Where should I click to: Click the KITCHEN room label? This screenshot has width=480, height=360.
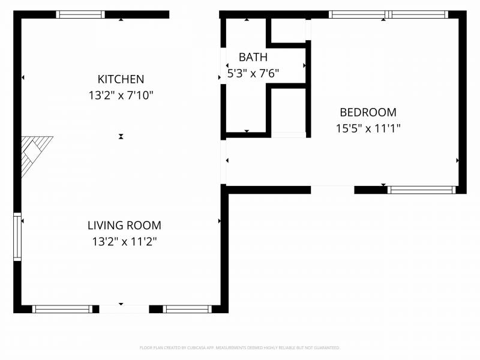121,79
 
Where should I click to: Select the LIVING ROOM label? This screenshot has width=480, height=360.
124,226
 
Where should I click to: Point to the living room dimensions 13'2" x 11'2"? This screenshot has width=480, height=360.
124,242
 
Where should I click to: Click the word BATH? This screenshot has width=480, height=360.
253,58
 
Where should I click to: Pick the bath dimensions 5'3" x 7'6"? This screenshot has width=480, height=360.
253,73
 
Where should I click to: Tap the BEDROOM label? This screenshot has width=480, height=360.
368,112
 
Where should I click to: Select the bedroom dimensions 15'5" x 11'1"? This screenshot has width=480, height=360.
368,128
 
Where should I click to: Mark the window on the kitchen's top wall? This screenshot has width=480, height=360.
80,14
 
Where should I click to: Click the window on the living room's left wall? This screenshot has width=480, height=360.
17,236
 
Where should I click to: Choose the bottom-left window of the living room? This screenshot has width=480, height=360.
62,309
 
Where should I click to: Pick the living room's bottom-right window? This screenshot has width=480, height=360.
187,309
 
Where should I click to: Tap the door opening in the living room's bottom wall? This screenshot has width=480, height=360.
124,309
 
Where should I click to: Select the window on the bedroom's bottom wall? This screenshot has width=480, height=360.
421,190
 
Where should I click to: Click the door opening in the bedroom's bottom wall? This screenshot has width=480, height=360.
332,190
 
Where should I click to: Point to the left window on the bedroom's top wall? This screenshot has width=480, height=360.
358,14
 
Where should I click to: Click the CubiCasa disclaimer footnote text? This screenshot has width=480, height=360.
240,347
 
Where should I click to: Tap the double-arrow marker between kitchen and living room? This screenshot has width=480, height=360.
121,137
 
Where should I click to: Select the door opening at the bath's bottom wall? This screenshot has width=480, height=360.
289,135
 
